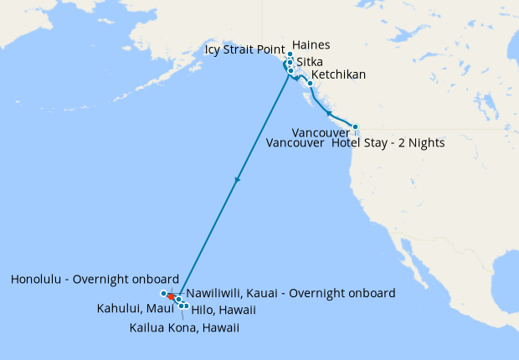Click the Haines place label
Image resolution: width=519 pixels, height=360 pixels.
[312, 45]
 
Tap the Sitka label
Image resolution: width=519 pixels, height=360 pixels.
[311, 62]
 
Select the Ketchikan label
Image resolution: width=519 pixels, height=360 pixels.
[338, 75]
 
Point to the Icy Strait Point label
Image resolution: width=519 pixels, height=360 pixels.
[245, 50]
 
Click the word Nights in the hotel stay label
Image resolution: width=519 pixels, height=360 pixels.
[425, 143]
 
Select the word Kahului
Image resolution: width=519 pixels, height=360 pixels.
[118, 310]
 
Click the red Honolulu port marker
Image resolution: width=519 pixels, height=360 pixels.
[171, 296]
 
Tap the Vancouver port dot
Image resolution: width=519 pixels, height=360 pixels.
[355, 127]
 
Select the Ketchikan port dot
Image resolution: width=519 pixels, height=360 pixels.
[310, 83]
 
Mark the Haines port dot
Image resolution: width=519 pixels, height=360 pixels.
[290, 54]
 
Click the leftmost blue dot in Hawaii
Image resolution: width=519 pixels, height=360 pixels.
[163, 293]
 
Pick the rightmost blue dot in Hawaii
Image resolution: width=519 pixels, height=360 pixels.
[186, 305]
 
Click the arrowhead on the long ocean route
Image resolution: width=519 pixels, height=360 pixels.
[238, 179]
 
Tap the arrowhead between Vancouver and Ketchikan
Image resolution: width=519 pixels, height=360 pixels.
[329, 112]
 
